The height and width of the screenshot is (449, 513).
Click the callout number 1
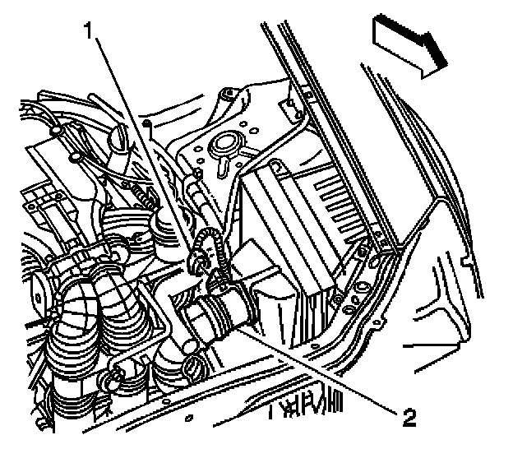point(88,30)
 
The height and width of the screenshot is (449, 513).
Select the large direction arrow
point(409,47)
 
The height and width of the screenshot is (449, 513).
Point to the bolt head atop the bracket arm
point(226,93)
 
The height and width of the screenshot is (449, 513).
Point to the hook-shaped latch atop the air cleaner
point(277,166)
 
